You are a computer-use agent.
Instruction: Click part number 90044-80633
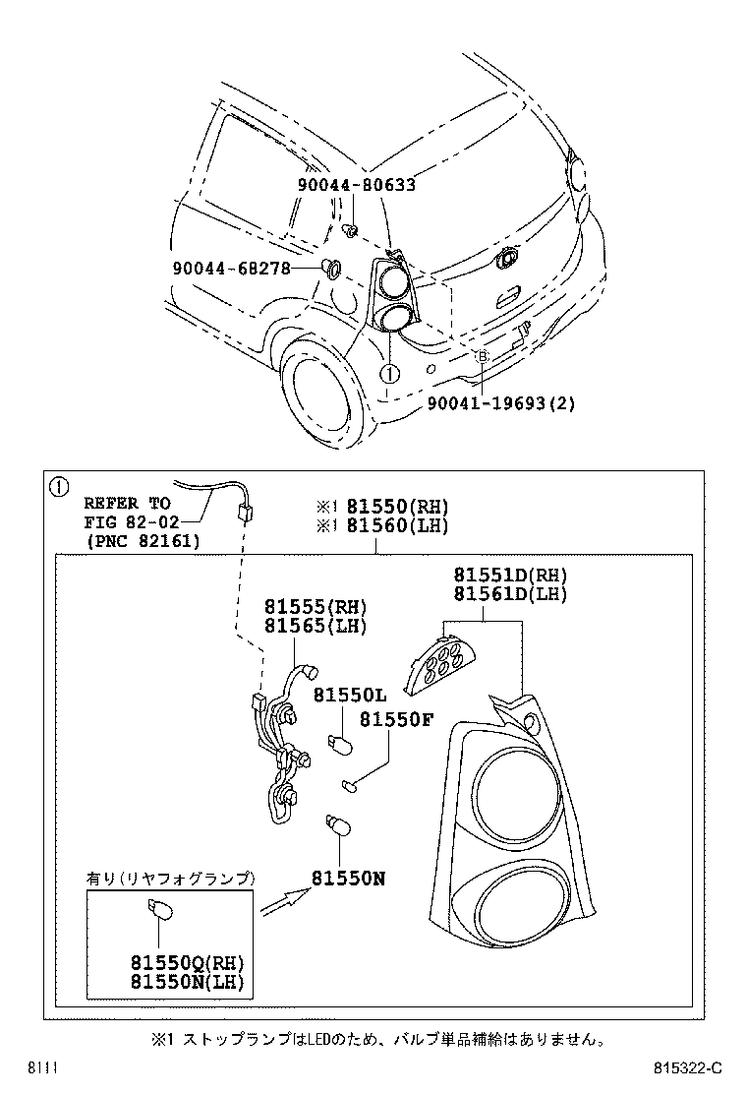coord(356,184)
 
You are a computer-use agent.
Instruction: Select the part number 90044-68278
coord(231,267)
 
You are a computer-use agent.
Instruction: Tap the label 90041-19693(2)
coord(501,402)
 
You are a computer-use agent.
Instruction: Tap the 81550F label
coord(395,719)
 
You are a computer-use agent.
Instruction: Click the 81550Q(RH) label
coord(187,962)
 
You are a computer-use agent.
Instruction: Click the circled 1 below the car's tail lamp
coord(388,374)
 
